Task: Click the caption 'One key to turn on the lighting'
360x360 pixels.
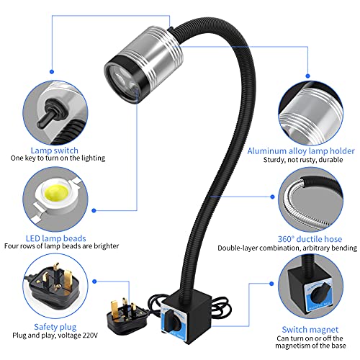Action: pyautogui.click(x=58, y=158)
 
